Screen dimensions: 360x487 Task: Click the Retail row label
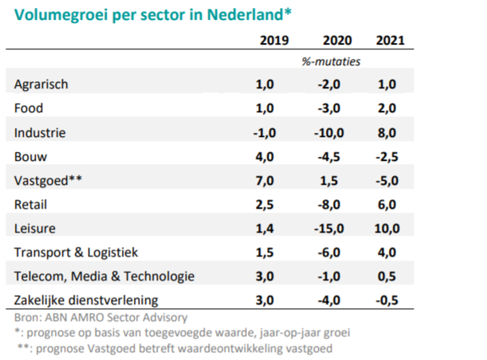[x=31, y=205]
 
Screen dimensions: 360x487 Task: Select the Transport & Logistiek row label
[x=76, y=252]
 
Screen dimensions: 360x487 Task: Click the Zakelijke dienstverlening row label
[x=86, y=300]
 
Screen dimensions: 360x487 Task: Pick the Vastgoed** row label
[x=48, y=181]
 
